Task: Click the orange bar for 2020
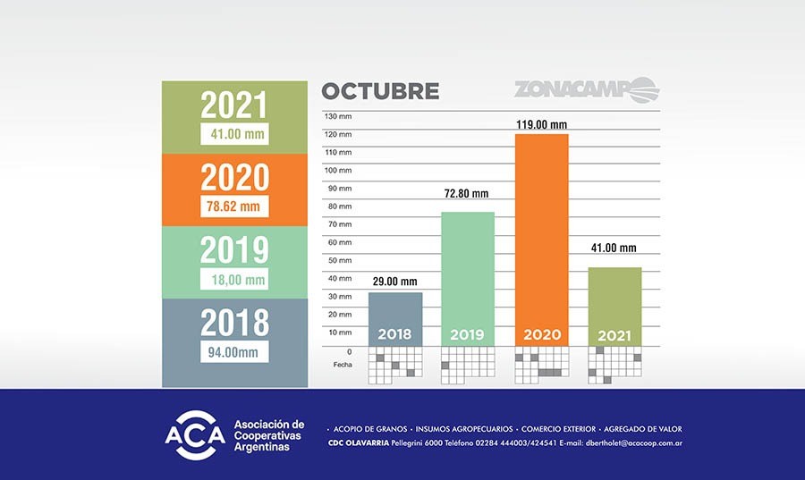tap(542, 232)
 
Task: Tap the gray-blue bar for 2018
tap(394, 313)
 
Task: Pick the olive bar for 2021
tap(614, 300)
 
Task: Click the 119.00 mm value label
tap(542, 124)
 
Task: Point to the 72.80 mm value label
tap(468, 194)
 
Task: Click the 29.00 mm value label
tap(394, 281)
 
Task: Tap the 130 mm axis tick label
tap(338, 116)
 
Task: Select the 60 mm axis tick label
tap(340, 242)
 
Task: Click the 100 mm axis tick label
tap(338, 170)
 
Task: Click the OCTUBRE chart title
tap(380, 91)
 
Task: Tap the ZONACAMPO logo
tap(586, 90)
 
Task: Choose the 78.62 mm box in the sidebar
tap(235, 206)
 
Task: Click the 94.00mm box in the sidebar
tap(235, 351)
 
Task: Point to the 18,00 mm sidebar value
tap(235, 280)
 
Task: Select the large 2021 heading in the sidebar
tap(234, 105)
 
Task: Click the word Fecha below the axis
tap(343, 365)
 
